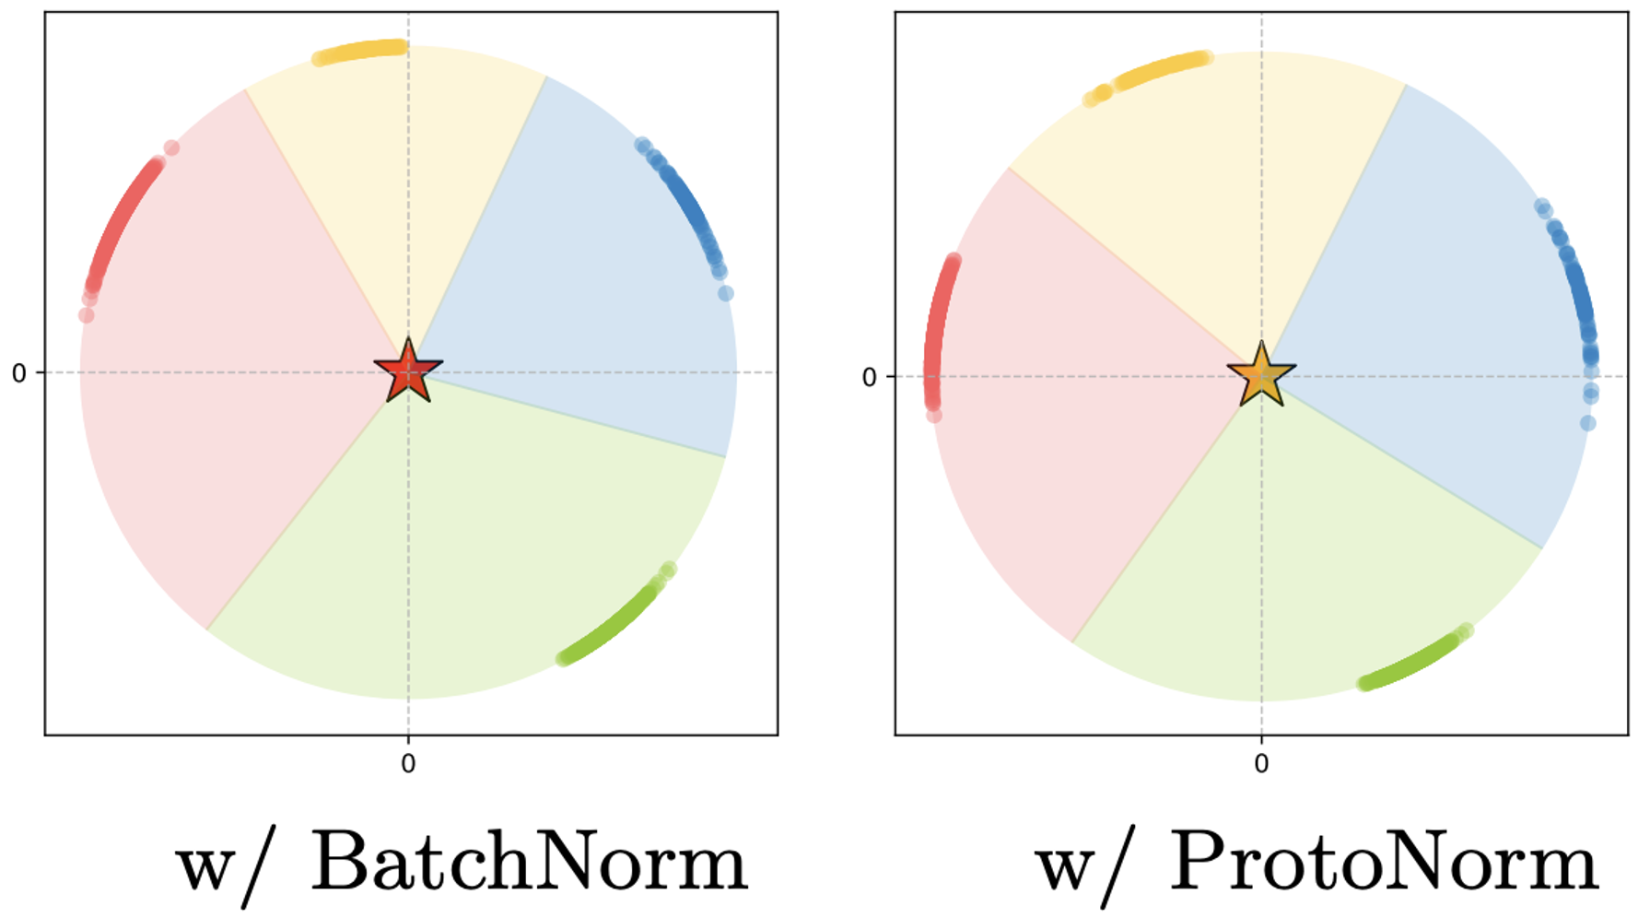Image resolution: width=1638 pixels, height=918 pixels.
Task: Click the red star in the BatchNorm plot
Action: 408,371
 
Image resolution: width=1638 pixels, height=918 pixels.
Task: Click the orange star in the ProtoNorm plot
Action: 1261,375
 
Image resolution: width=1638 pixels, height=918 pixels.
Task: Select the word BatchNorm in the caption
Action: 529,862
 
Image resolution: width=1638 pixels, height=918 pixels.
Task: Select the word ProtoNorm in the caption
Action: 1384,862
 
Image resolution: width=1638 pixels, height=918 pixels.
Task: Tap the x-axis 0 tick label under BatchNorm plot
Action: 408,763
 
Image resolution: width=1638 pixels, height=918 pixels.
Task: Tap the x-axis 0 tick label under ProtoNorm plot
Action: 1261,763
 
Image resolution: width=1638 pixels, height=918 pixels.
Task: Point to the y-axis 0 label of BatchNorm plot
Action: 18,373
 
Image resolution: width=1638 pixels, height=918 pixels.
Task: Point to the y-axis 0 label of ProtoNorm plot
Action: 869,377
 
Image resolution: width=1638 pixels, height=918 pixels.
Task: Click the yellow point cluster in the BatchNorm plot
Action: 359,51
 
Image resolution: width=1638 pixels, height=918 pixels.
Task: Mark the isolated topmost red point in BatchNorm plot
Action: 171,147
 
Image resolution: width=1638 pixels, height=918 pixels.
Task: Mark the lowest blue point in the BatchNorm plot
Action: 726,293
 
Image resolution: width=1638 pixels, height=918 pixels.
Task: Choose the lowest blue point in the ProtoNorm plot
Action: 1587,423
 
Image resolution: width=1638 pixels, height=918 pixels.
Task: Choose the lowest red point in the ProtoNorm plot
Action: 934,416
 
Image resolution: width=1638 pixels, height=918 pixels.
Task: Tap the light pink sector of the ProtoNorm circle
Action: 1059,415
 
